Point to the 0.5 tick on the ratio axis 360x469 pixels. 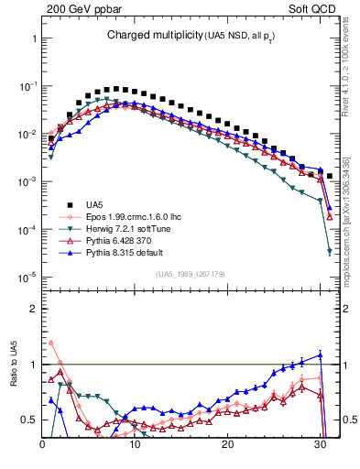[28, 420]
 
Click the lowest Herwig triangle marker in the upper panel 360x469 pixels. [329, 251]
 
